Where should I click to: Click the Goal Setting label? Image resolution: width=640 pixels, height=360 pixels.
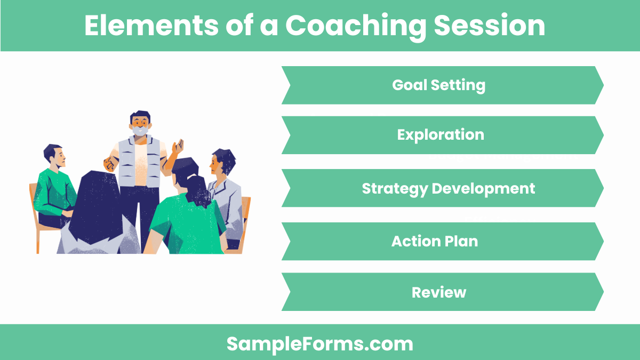(x=438, y=85)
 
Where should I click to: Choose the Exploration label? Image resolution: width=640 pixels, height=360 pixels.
(x=441, y=135)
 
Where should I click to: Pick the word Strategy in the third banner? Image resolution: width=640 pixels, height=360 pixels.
(x=394, y=188)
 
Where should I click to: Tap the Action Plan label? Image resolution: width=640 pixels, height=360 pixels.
(x=435, y=241)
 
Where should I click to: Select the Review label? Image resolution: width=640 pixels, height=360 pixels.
(x=439, y=292)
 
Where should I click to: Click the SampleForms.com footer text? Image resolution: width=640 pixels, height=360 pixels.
(x=319, y=343)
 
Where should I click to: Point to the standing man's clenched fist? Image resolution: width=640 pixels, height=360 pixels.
(x=110, y=163)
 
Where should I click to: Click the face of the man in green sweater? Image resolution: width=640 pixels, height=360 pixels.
(x=57, y=157)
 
